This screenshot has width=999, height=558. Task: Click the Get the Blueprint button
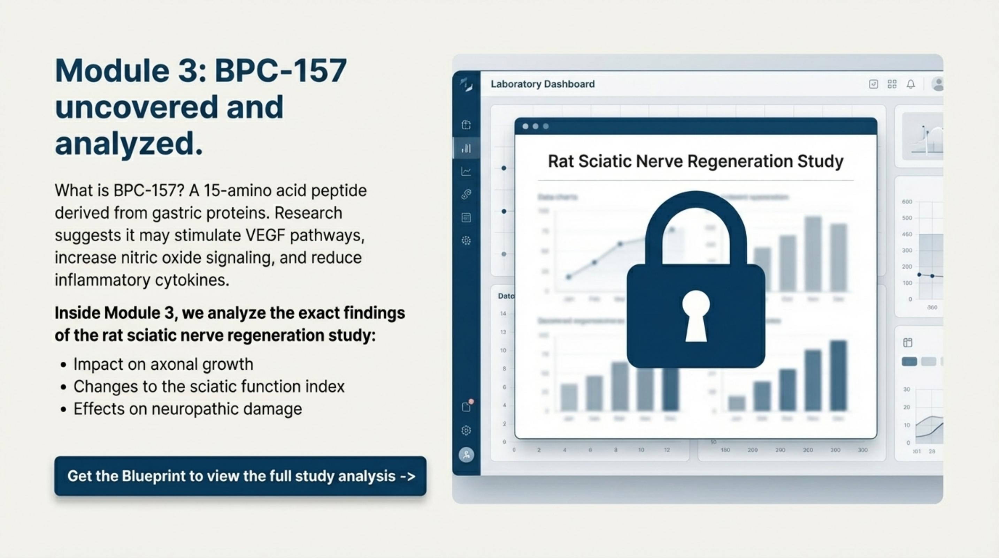pos(240,476)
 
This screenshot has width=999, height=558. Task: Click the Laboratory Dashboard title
pos(543,84)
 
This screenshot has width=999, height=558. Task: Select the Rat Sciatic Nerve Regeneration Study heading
pos(696,161)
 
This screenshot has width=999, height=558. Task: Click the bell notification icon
pos(910,84)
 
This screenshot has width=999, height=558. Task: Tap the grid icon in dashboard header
pos(892,84)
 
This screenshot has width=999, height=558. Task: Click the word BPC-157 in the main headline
pos(281,71)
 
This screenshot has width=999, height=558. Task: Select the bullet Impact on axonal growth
pos(163,364)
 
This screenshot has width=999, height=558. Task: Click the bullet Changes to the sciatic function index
pos(209,386)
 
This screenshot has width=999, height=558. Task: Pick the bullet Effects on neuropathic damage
pos(187,409)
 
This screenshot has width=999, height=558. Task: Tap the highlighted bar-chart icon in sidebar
pos(466,148)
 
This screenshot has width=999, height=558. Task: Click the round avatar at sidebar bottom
pos(466,454)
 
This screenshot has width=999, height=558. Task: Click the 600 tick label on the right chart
pos(907,202)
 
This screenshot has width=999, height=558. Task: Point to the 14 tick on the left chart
pos(503,314)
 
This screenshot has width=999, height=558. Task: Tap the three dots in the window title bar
pos(535,126)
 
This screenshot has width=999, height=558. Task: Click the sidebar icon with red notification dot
pos(467,406)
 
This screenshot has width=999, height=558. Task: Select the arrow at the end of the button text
pos(408,476)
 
